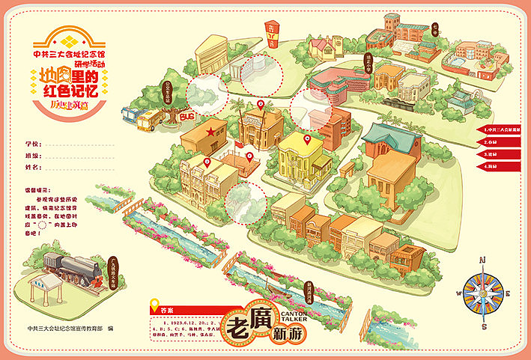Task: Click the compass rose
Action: [x=483, y=293]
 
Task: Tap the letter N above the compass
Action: [x=483, y=260]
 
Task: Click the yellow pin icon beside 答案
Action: [x=155, y=306]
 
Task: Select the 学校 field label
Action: [x=31, y=143]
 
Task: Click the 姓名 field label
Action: [x=31, y=167]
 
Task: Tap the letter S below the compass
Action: [x=484, y=326]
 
